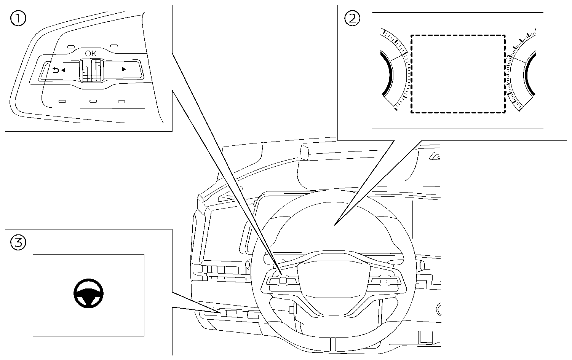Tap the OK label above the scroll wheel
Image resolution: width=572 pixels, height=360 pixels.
91,54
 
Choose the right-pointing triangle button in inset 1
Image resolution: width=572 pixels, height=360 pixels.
123,70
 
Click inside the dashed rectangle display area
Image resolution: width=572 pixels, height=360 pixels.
458,74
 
